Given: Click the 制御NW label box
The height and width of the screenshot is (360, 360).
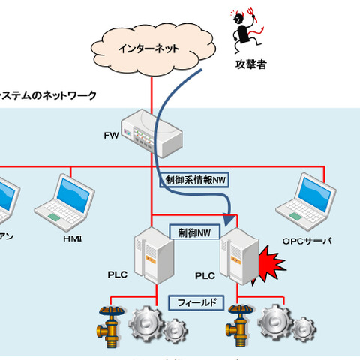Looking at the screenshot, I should tap(194, 233).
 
